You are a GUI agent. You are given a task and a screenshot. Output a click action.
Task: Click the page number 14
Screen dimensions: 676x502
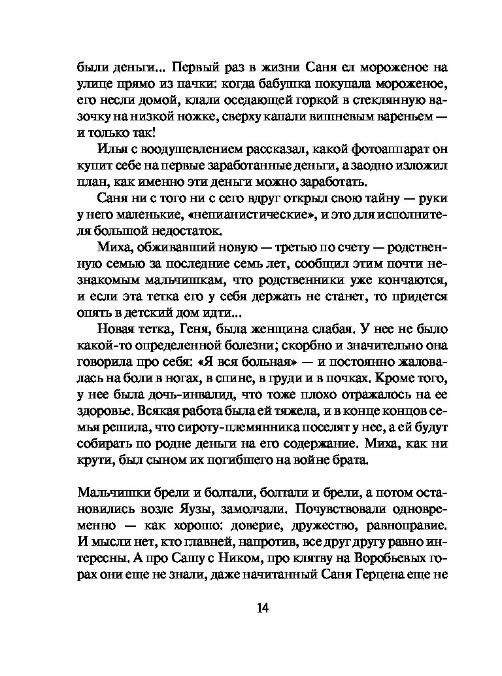pyautogui.click(x=262, y=608)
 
